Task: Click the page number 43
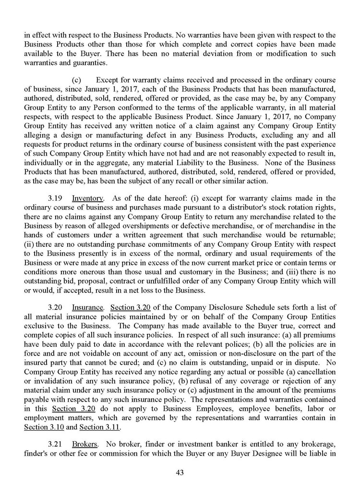(180, 473)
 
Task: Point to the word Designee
(268, 454)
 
